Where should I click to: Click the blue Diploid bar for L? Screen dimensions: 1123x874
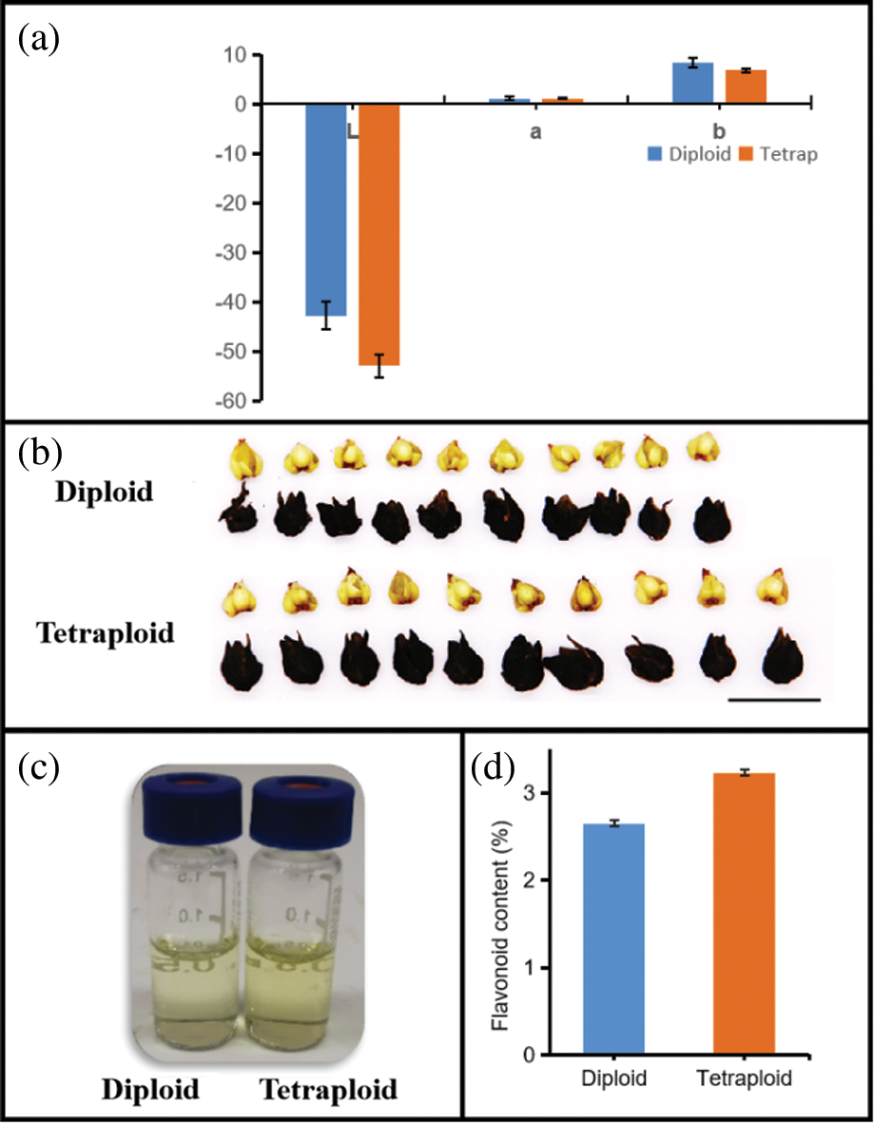[x=325, y=209]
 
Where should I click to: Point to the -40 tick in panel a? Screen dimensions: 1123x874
[x=227, y=302]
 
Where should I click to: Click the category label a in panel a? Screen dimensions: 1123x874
[x=535, y=134]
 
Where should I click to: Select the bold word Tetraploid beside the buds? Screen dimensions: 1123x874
[x=106, y=631]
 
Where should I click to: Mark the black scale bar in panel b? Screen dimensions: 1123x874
[x=773, y=699]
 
